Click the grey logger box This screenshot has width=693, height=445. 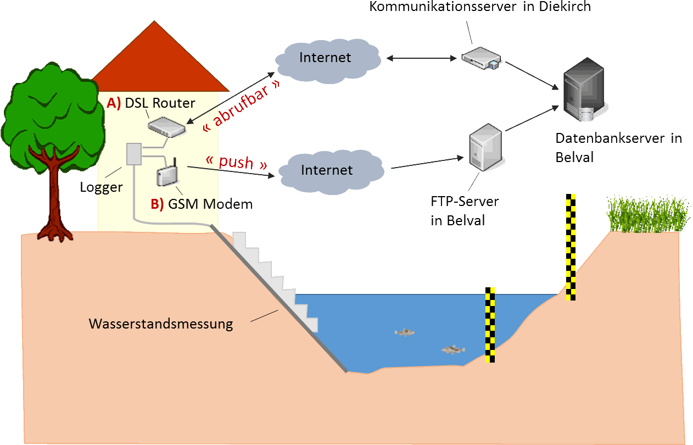click(134, 154)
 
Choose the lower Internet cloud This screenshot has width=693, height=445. click(329, 171)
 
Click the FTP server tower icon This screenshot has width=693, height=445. click(485, 146)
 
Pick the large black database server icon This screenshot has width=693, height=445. click(584, 91)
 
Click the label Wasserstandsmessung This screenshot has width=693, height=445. click(161, 324)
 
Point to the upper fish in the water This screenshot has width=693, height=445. click(405, 332)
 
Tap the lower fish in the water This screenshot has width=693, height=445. click(453, 349)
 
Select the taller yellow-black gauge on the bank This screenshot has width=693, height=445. click(572, 247)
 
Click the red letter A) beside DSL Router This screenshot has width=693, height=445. click(114, 103)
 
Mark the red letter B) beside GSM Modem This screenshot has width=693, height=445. click(157, 204)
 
